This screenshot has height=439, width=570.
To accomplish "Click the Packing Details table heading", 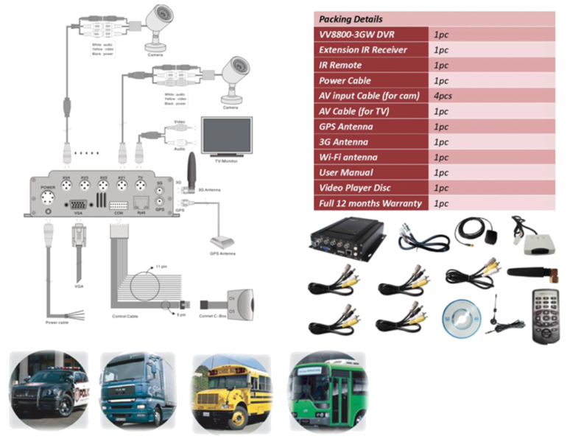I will (351, 18).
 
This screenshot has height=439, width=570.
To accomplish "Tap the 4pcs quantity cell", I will (443, 96).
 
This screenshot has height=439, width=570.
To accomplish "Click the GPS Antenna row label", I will (345, 127).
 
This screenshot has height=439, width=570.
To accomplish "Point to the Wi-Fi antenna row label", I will (350, 157).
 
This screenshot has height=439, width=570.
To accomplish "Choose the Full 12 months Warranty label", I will (370, 203).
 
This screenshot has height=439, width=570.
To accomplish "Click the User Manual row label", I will (347, 172).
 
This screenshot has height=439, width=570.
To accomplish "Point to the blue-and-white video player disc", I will (460, 320).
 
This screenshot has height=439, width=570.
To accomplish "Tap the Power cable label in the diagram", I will (56, 322).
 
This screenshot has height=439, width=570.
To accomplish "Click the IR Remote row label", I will (339, 66).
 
